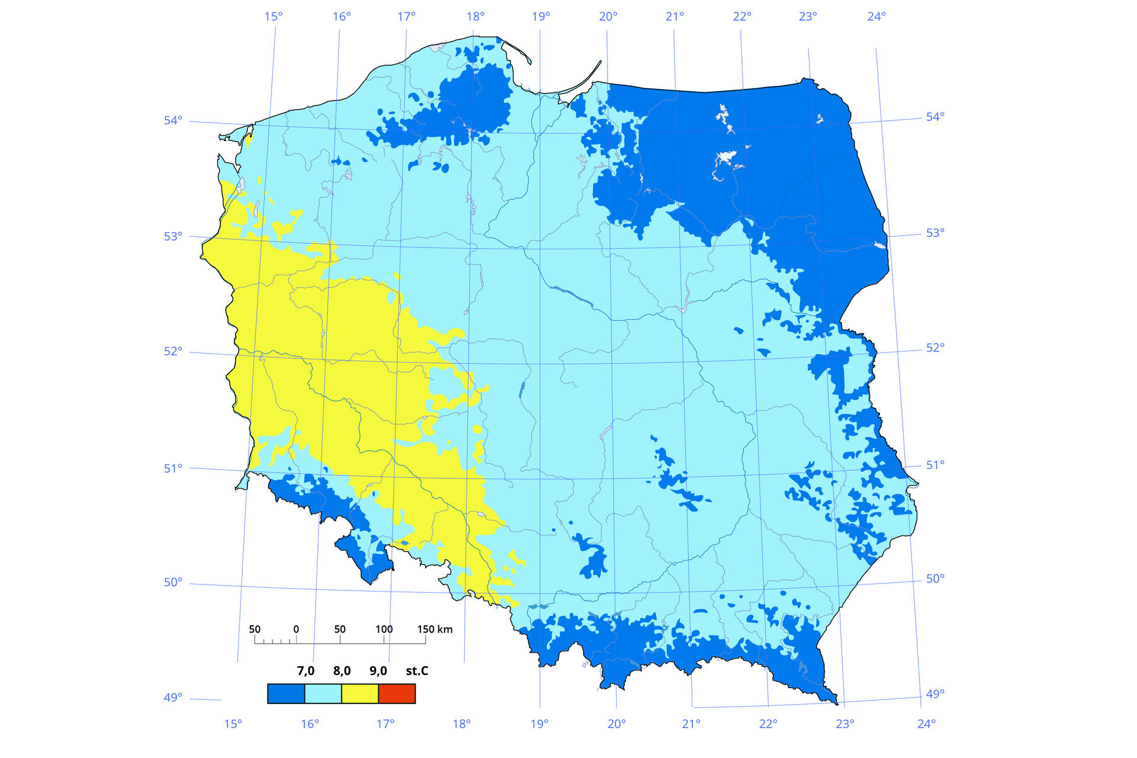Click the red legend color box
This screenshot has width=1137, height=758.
(397, 693)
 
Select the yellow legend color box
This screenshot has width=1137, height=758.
(360, 693)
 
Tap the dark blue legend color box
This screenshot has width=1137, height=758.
(286, 693)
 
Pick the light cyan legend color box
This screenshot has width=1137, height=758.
(323, 693)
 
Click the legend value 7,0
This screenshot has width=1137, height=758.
(306, 671)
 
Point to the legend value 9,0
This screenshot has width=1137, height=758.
(378, 671)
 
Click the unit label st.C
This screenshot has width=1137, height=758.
(417, 671)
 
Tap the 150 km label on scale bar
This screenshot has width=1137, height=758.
(435, 629)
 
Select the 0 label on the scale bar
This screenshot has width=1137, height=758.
(296, 629)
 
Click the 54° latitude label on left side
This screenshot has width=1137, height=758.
(173, 121)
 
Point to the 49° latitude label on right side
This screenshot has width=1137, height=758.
(935, 693)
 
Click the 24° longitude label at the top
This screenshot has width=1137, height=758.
(876, 17)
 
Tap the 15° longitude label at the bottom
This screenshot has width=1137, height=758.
(233, 724)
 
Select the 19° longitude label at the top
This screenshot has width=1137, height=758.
(541, 17)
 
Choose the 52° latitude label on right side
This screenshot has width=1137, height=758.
(935, 348)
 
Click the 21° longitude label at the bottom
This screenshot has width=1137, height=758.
(691, 724)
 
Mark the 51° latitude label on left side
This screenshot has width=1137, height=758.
(173, 468)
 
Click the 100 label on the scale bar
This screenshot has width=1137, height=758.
(384, 629)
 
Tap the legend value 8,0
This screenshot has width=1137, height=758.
(342, 671)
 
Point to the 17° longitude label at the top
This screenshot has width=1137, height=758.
(406, 17)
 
